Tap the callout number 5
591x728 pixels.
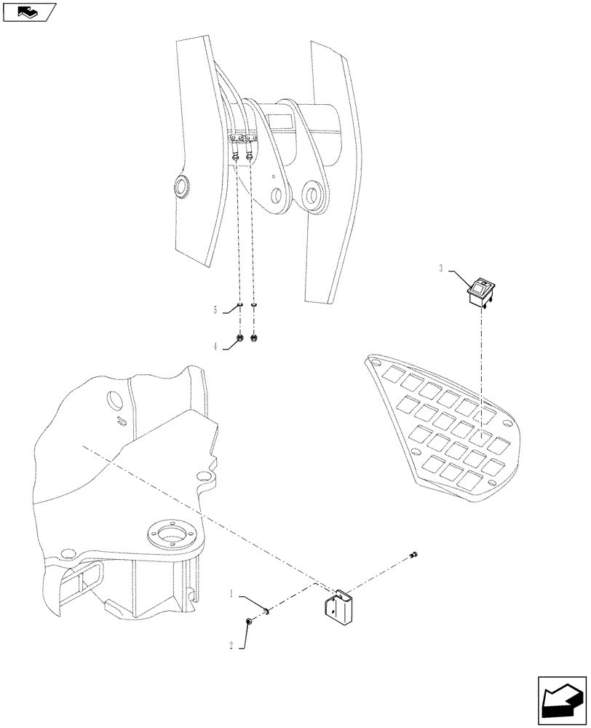tap(216, 309)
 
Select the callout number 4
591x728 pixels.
tap(216, 347)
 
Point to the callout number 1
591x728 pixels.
tap(233, 594)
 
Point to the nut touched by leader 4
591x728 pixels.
tap(239, 338)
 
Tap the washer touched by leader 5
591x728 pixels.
tap(239, 306)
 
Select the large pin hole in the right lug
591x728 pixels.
tap(314, 198)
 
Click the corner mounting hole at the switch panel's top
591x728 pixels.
tap(375, 361)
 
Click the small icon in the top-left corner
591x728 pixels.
tap(28, 11)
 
